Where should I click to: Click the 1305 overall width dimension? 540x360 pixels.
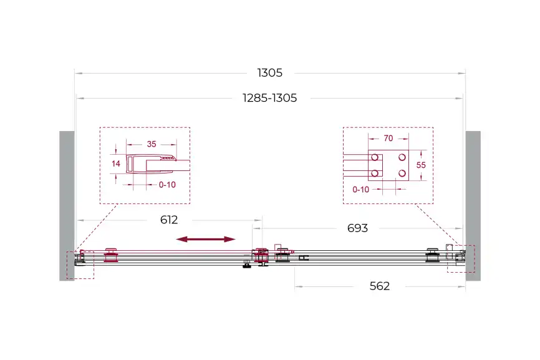click(269, 73)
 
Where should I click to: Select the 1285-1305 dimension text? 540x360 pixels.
click(269, 98)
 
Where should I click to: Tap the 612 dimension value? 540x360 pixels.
click(169, 220)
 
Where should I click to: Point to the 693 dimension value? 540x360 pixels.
click(357, 228)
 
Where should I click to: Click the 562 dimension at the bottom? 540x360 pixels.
click(380, 286)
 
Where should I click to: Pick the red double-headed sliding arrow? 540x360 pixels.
click(206, 239)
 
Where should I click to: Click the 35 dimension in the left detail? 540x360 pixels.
click(152, 144)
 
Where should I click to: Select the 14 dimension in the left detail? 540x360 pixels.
click(116, 163)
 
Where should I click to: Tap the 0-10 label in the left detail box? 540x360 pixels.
click(167, 185)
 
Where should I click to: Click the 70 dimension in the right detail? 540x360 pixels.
click(388, 138)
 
